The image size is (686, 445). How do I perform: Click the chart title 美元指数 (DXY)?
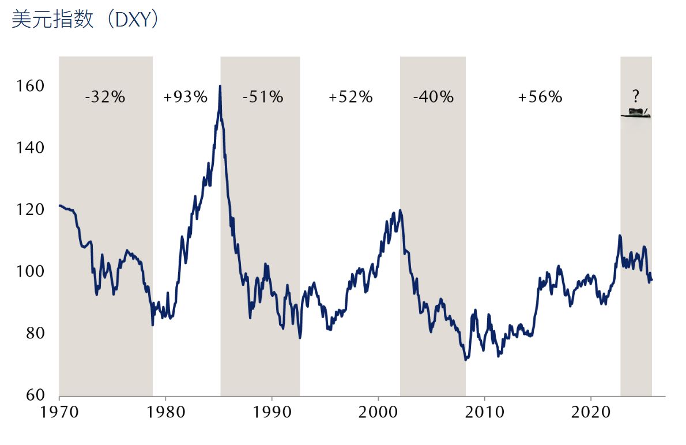[x=85, y=20]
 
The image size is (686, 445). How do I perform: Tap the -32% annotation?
[x=105, y=97]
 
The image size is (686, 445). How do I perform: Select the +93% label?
[x=185, y=97]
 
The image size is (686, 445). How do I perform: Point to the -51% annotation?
[x=263, y=97]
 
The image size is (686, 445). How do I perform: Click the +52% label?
[x=350, y=97]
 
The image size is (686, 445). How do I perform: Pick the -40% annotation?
[x=433, y=97]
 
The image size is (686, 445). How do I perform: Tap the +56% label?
[x=540, y=97]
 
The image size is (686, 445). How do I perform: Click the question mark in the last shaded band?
[x=636, y=96]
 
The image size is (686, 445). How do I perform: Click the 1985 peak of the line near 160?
[x=220, y=86]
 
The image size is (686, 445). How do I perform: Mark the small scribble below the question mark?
[x=636, y=113]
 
